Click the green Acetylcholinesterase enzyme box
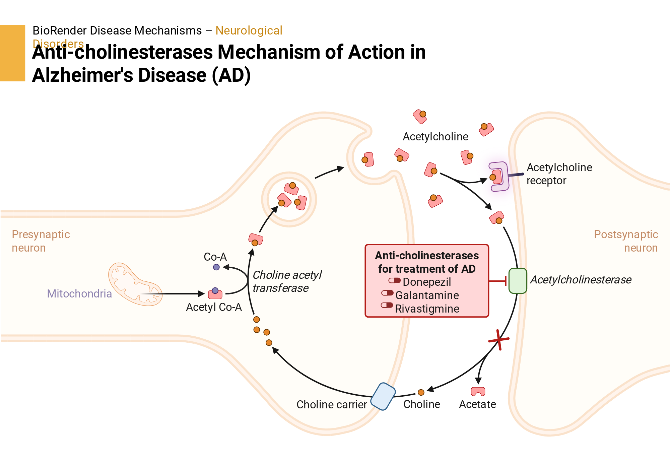[518, 281]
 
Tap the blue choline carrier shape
[383, 396]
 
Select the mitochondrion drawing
[135, 284]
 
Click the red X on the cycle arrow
[499, 340]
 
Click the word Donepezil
[427, 282]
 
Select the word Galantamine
[427, 295]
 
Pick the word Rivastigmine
[427, 309]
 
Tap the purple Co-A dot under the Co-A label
[216, 267]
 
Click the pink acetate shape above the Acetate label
[478, 391]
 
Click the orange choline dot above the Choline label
[421, 392]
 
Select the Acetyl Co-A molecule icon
[215, 293]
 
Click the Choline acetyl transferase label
[287, 281]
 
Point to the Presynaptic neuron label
[41, 241]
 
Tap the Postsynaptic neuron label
[626, 241]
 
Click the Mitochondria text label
[79, 293]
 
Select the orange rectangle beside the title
[13, 53]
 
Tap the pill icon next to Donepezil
[395, 280]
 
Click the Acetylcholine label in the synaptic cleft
[435, 137]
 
